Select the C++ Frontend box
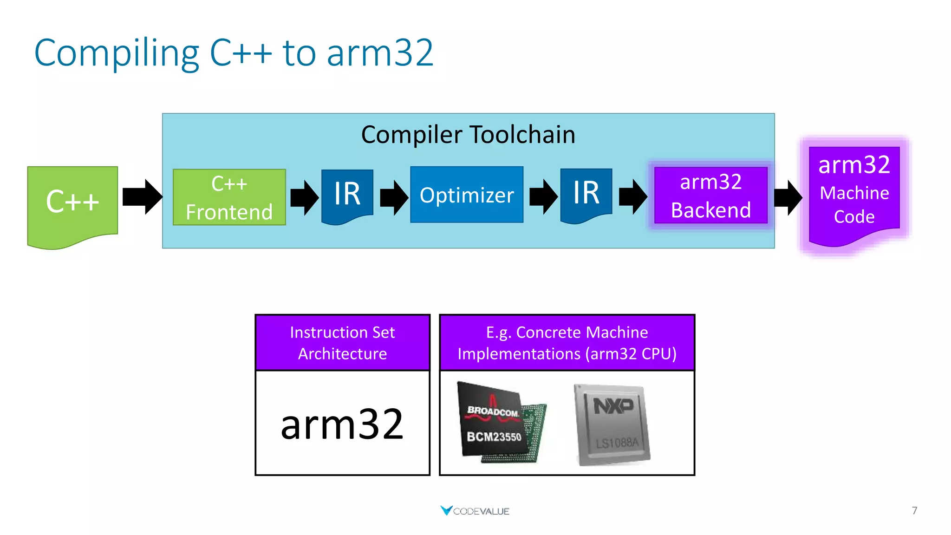[x=229, y=197]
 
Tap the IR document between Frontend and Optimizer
[x=347, y=195]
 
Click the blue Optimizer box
[x=466, y=195]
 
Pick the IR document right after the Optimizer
[x=586, y=194]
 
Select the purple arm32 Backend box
[x=710, y=196]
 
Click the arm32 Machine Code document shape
[x=854, y=193]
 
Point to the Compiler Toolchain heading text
[x=468, y=135]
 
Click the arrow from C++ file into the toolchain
[x=142, y=196]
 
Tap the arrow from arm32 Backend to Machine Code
[x=788, y=197]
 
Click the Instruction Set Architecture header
[x=342, y=343]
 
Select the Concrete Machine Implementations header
[x=567, y=343]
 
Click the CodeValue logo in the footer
[x=475, y=511]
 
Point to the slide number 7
[x=914, y=510]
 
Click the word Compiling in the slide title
[x=117, y=53]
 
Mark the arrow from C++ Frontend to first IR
[x=304, y=197]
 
